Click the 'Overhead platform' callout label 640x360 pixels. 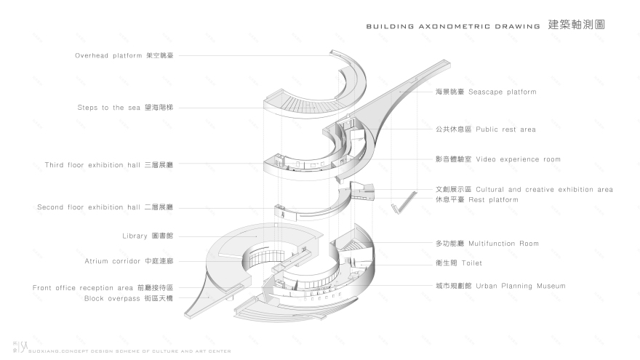click(124, 55)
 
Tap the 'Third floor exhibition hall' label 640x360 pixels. click(109, 165)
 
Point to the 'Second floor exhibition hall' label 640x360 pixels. click(105, 207)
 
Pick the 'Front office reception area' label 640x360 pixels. click(103, 288)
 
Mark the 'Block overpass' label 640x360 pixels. click(128, 298)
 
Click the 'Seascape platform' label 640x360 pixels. click(486, 92)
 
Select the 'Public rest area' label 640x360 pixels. click(485, 129)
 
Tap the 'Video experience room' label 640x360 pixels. click(498, 159)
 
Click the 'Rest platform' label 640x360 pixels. click(476, 199)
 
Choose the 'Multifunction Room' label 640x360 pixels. click(487, 244)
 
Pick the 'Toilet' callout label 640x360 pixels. click(458, 263)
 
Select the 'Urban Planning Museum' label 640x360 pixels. click(500, 286)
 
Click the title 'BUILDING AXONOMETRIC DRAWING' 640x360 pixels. click(452, 26)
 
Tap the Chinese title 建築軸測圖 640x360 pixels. click(577, 25)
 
